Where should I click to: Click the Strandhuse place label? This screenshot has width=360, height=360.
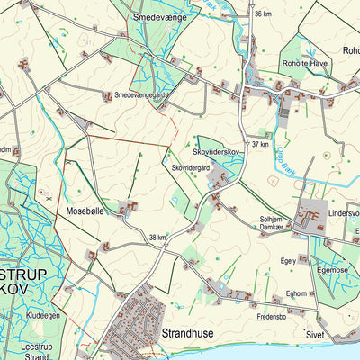[188, 333]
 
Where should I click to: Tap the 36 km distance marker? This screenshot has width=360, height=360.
[263, 14]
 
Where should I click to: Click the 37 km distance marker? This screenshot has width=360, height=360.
[261, 144]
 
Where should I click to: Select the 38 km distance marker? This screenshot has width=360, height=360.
[159, 238]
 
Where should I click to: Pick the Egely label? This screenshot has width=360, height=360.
[288, 260]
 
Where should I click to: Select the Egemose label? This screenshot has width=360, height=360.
[332, 269]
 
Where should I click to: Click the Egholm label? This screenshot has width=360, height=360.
[297, 292]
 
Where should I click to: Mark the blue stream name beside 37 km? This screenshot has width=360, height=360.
[292, 155]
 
